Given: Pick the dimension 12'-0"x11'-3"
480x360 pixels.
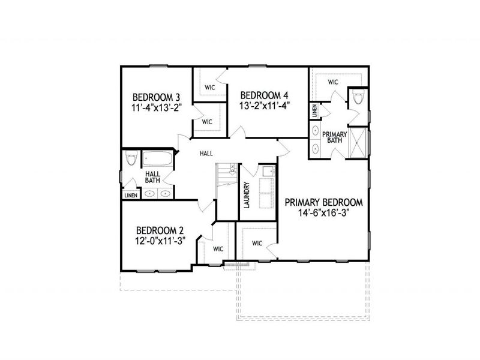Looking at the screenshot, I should click(159, 241).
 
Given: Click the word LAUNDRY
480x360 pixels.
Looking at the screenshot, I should click(247, 195).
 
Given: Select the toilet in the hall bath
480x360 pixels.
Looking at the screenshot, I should click(131, 160).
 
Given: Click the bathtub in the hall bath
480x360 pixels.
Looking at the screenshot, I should click(158, 160).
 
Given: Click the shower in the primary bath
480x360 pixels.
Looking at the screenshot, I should click(358, 143).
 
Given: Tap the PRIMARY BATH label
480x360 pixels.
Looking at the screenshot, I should click(331, 137).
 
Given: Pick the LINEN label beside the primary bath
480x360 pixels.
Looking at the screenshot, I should click(314, 111).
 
